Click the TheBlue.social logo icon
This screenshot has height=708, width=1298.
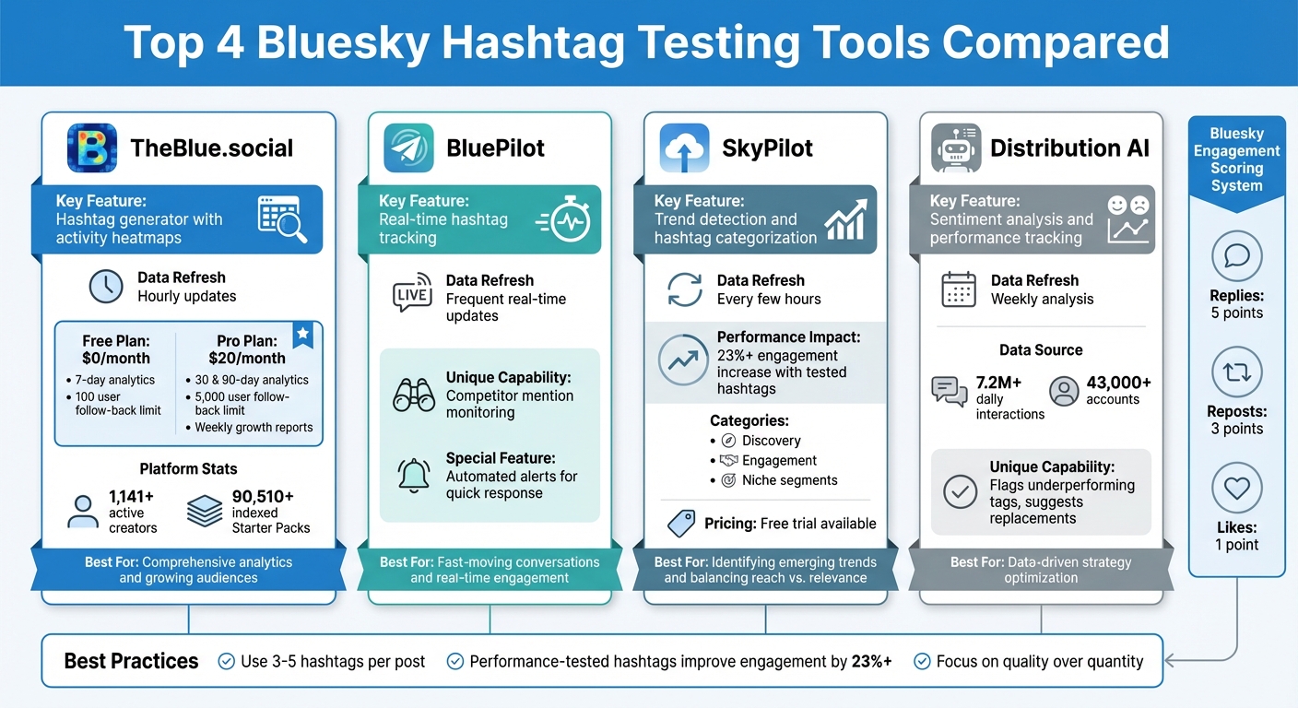point(92,148)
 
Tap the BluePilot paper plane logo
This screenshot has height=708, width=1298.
point(408,148)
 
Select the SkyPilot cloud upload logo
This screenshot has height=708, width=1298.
point(684,148)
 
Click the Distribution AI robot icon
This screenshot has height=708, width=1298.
point(956,148)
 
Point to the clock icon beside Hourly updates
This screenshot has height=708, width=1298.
point(106,287)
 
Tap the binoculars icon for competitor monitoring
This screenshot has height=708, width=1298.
point(414,395)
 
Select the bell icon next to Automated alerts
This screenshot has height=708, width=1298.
point(414,476)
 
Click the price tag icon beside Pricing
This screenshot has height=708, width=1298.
point(680,524)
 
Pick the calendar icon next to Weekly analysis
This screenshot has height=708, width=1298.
point(959,289)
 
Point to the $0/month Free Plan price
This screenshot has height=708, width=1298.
point(115,358)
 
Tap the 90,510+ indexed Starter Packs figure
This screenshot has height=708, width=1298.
point(263,496)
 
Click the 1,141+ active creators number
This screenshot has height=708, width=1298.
point(131,496)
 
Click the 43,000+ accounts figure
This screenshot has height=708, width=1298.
point(1118,383)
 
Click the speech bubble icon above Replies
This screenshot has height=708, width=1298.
point(1236,255)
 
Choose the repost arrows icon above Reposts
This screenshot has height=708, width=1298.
point(1236,372)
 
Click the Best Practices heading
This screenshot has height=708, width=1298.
point(131,661)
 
